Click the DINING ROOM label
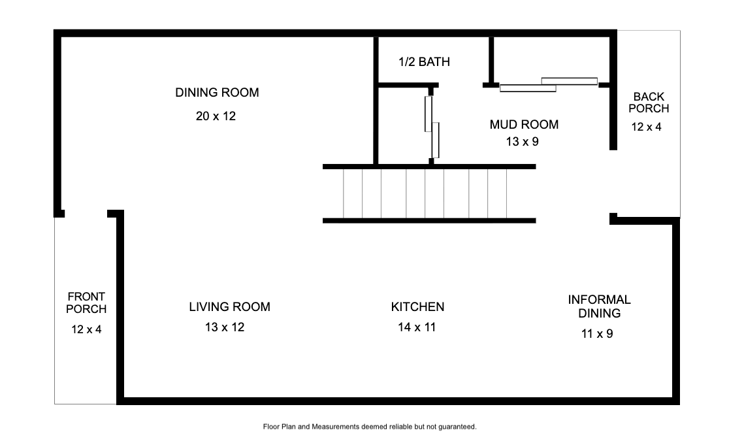pos(217,93)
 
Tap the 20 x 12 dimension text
pos(216,116)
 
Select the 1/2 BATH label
pos(424,61)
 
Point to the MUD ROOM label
pos(524,124)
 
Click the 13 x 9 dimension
pos(523,142)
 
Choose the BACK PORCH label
pos(649,103)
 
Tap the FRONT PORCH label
pos(86,303)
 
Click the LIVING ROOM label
pos(230,306)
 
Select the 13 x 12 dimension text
pos(225,327)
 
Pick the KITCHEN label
pos(417,306)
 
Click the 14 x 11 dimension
pos(417,327)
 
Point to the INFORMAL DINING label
pos(599,306)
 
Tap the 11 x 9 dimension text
pos(597,334)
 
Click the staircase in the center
pos(429,193)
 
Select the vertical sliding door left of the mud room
pos(432,127)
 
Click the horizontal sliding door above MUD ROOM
pos(549,84)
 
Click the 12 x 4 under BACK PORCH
pos(646,127)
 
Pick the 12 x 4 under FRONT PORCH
pos(86,329)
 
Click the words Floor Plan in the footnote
pos(280,427)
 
